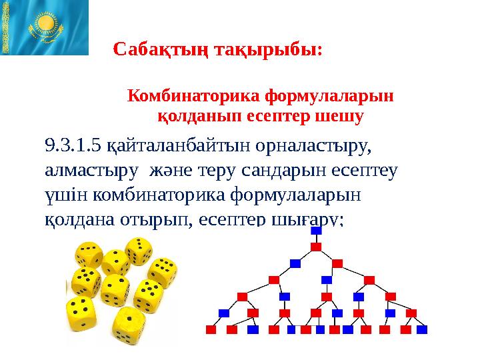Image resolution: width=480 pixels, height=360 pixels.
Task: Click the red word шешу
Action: pos(342,117)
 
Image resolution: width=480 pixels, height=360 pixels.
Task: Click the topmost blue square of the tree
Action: pos(317,230)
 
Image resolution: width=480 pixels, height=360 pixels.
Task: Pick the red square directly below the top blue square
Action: pos(317,247)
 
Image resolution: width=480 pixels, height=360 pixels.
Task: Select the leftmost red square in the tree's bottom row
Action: pos(211,329)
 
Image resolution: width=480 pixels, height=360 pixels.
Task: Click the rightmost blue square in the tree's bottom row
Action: pos(422,329)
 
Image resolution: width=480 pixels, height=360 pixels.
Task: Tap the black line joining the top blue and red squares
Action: pos(317,239)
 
